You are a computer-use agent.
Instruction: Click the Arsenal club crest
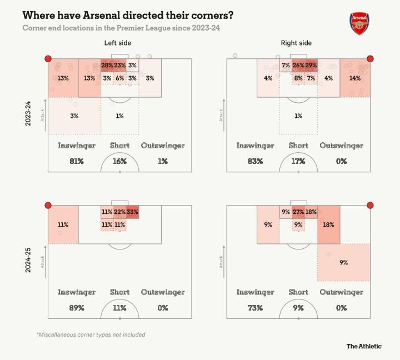pyautogui.click(x=359, y=23)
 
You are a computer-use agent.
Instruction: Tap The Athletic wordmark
pyautogui.click(x=364, y=346)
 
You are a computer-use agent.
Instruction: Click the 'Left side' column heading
pyautogui.click(x=117, y=43)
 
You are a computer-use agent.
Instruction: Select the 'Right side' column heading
pyautogui.click(x=298, y=43)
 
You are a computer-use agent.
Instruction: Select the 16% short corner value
pyautogui.click(x=119, y=161)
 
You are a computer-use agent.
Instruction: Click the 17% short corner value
pyautogui.click(x=298, y=161)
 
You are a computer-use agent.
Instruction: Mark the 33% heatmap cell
pyautogui.click(x=132, y=212)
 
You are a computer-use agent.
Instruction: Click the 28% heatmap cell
pyautogui.click(x=107, y=66)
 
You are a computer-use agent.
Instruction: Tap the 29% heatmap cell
pyautogui.click(x=311, y=66)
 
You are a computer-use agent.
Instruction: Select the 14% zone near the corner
pyautogui.click(x=354, y=78)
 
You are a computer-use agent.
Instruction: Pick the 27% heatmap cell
pyautogui.click(x=298, y=212)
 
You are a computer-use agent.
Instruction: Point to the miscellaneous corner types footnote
pyautogui.click(x=91, y=334)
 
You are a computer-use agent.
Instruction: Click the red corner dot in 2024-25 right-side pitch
pyautogui.click(x=371, y=205)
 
